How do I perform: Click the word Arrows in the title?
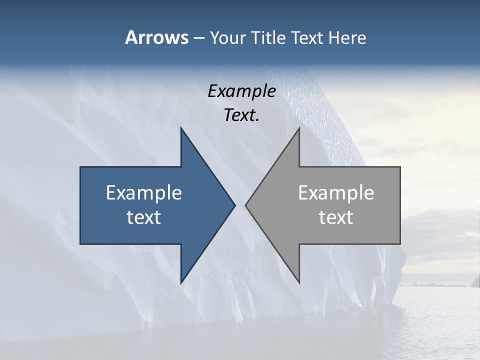pos(156,37)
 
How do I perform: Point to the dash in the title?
pos(198,38)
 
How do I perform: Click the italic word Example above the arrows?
pos(241,91)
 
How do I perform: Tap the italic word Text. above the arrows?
pos(241,115)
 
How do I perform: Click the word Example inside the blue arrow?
pos(144,192)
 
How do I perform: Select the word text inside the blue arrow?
pos(144,217)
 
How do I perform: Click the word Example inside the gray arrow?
pos(336,192)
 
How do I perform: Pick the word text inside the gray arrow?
pos(336,217)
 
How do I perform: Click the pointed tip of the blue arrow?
pos(234,205)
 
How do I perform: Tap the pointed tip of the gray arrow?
pos(246,205)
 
